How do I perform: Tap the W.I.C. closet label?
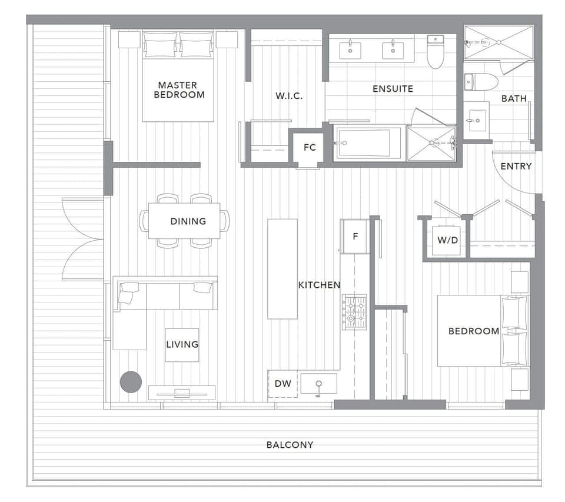[x=289, y=96]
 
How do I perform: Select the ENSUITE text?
[x=393, y=89]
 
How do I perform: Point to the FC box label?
[x=310, y=148]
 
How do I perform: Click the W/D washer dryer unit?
[x=446, y=240]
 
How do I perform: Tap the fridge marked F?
[x=355, y=237]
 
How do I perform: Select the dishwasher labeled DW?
[x=283, y=384]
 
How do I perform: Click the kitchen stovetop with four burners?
[x=355, y=311]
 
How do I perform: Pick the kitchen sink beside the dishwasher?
[x=318, y=384]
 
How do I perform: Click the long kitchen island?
[x=282, y=268]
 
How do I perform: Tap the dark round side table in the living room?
[x=131, y=382]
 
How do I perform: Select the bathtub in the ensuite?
[x=369, y=143]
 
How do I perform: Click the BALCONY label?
[x=290, y=445]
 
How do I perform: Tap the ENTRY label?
[x=516, y=167]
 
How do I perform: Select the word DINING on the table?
[x=188, y=221]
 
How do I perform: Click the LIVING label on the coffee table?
[x=182, y=344]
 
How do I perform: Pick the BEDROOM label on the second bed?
[x=473, y=331]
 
